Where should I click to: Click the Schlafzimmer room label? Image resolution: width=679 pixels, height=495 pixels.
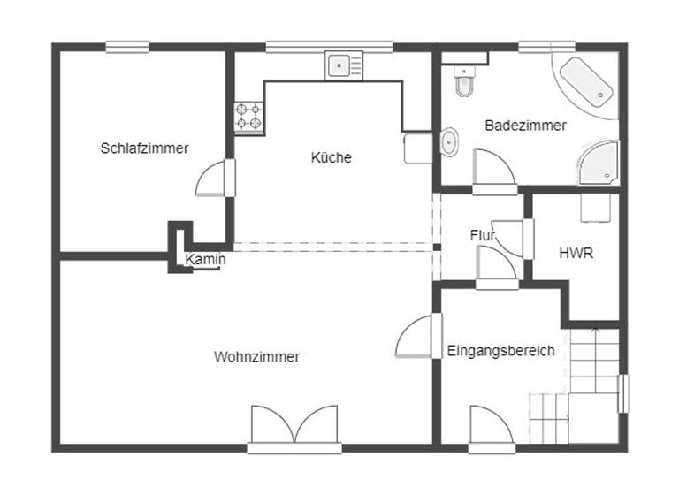click(144, 148)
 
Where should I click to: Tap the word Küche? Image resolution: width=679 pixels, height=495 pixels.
click(332, 158)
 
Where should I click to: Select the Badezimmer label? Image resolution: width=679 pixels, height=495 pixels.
click(525, 126)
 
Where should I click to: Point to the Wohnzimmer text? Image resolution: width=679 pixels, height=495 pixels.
click(256, 357)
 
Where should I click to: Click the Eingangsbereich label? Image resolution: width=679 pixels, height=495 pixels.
click(500, 351)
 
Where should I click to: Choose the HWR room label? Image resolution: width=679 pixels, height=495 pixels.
click(576, 253)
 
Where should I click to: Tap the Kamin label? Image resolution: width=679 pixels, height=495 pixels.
click(205, 260)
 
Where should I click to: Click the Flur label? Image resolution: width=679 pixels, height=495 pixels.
click(482, 236)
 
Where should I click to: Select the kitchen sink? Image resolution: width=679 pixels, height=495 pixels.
click(343, 65)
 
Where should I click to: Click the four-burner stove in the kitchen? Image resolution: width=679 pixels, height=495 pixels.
click(248, 117)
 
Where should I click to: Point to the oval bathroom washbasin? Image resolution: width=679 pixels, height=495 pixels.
click(449, 141)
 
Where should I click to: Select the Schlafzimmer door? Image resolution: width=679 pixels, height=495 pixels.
click(215, 179)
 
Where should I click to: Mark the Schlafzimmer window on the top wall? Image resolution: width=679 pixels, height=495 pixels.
click(127, 47)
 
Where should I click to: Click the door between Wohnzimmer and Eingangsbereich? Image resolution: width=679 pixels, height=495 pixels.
click(418, 337)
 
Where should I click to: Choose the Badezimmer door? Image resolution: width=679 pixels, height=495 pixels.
click(493, 170)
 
